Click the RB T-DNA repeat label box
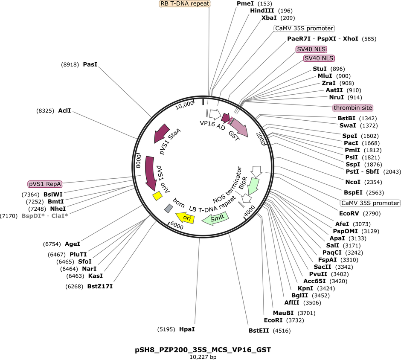point(185,3)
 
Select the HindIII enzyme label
point(262,11)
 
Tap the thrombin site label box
point(353,107)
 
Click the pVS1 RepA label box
point(45,184)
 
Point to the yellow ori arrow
point(185,218)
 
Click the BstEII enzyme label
point(259,331)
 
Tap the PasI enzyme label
point(90,64)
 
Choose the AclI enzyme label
point(64,110)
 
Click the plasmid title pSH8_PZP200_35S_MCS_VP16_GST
point(203,350)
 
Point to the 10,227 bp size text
point(203,357)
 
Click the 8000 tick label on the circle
point(139,161)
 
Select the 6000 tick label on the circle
point(177,226)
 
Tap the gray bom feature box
point(168,208)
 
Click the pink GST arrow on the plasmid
point(239,127)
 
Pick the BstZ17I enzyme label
point(100,286)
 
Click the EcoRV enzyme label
point(349,213)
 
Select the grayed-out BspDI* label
point(33,216)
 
